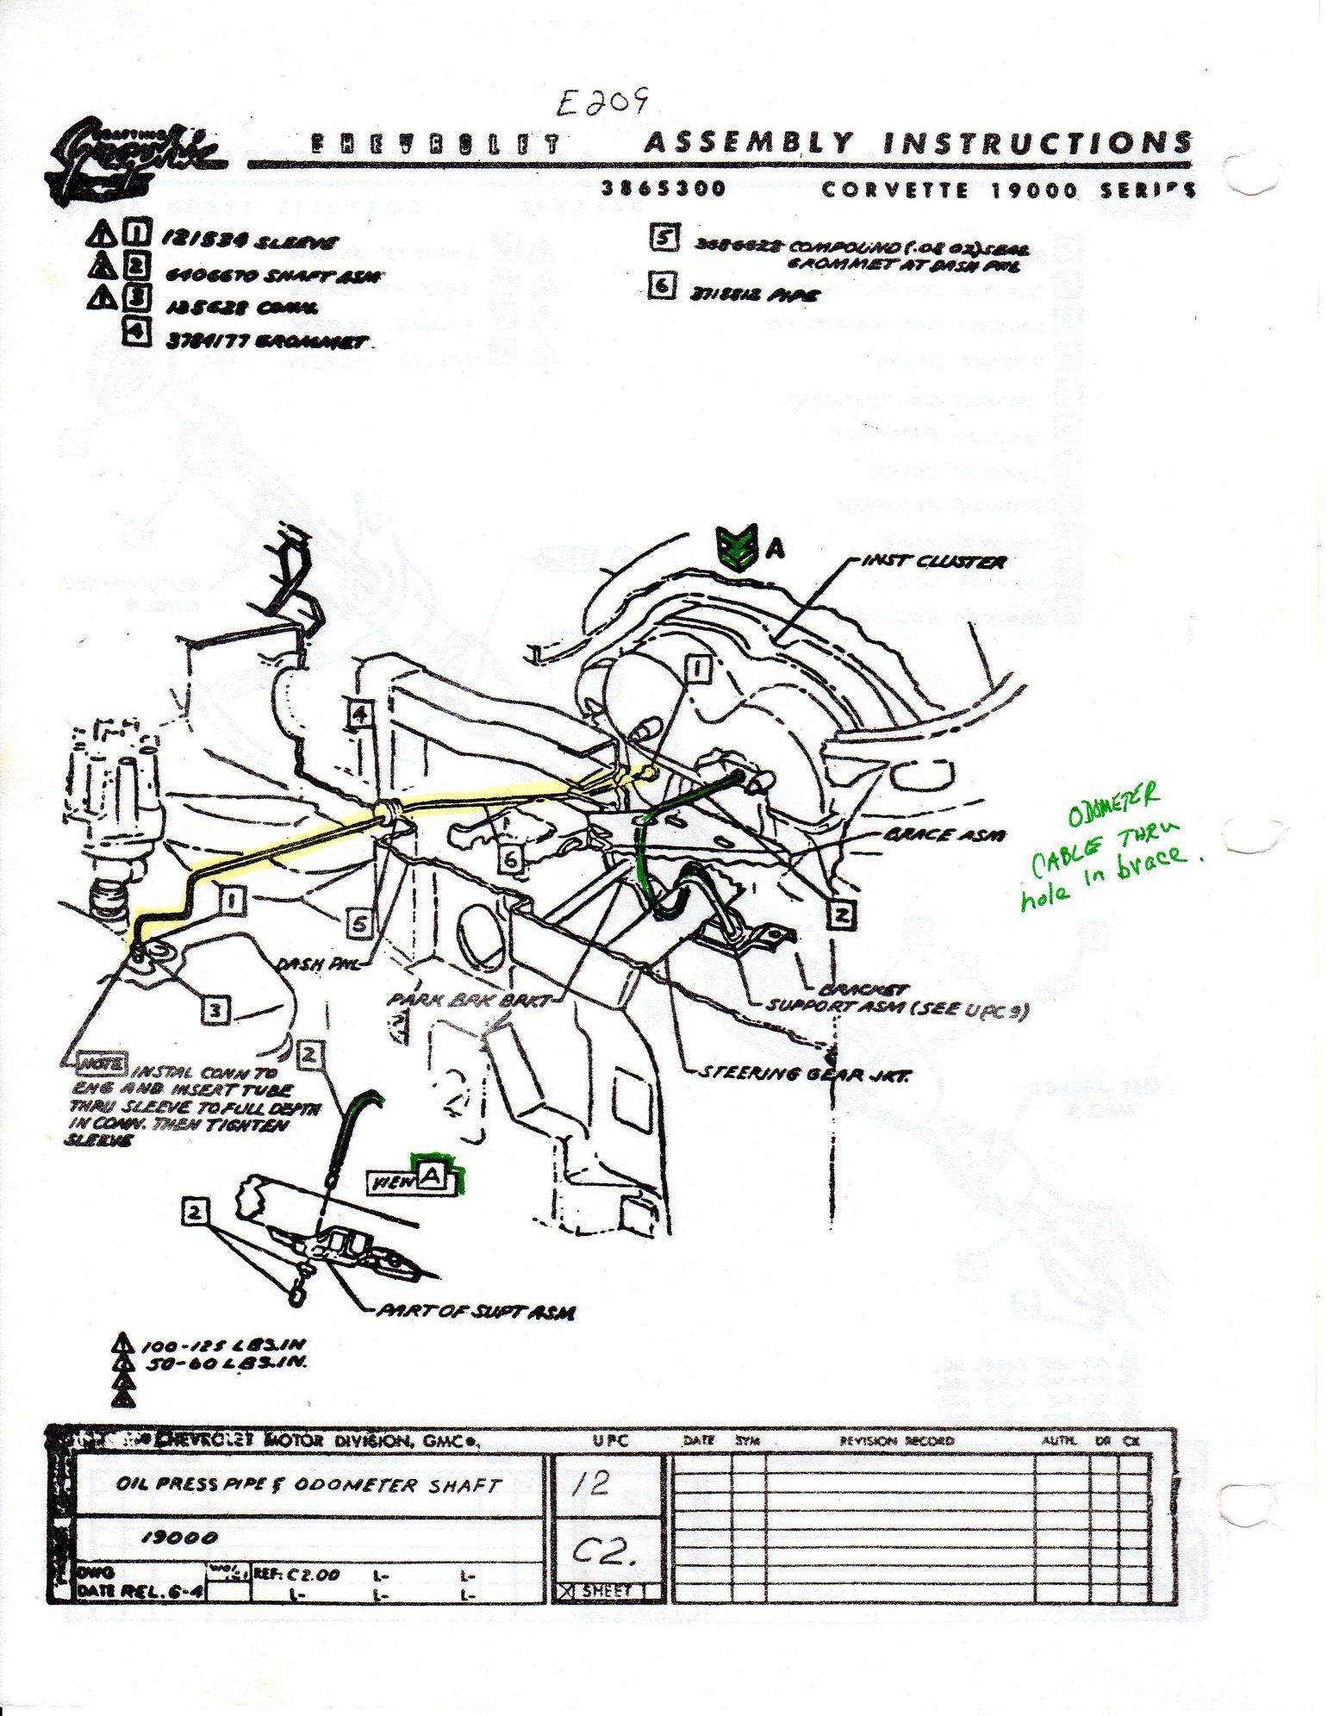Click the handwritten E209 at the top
[x=601, y=103]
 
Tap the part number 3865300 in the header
[x=663, y=188]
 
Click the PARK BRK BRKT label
[x=469, y=1000]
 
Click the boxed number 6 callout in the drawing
[x=510, y=858]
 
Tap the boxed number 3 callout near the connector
[x=215, y=1010]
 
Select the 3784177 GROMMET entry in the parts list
[x=266, y=343]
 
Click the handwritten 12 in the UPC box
[x=591, y=1482]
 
